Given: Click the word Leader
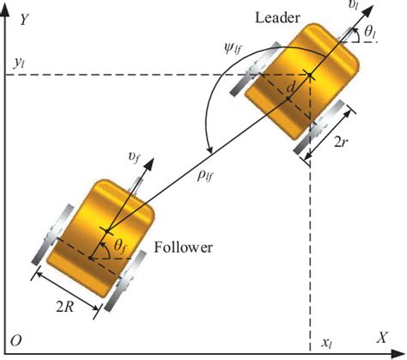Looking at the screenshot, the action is [277, 18].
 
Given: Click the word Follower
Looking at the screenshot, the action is [184, 247].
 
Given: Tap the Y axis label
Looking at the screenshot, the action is [24, 20].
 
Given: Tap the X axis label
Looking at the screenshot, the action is [381, 338].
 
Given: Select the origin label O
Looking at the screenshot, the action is [16, 341].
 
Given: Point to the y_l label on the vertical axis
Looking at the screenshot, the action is [20, 64].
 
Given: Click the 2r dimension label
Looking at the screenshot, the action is [341, 142].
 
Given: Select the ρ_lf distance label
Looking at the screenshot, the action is [205, 176].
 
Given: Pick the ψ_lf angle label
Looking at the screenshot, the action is [233, 49].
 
